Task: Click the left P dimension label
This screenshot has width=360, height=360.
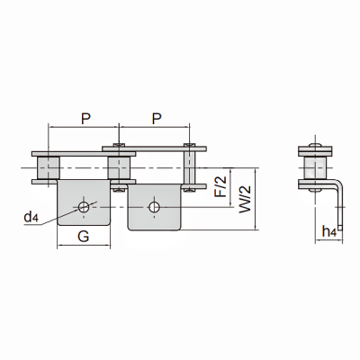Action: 85,119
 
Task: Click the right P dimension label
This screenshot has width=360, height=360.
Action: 156,119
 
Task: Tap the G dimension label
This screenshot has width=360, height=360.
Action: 84,237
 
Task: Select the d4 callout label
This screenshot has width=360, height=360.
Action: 31,217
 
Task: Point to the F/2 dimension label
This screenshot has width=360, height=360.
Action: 221,186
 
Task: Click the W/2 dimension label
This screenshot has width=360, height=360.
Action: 245,200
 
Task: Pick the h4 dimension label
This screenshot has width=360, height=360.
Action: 328,231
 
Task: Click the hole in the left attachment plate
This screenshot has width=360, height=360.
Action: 84,207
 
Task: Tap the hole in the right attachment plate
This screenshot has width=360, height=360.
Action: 154,207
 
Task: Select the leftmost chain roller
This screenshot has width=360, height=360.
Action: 49,168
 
